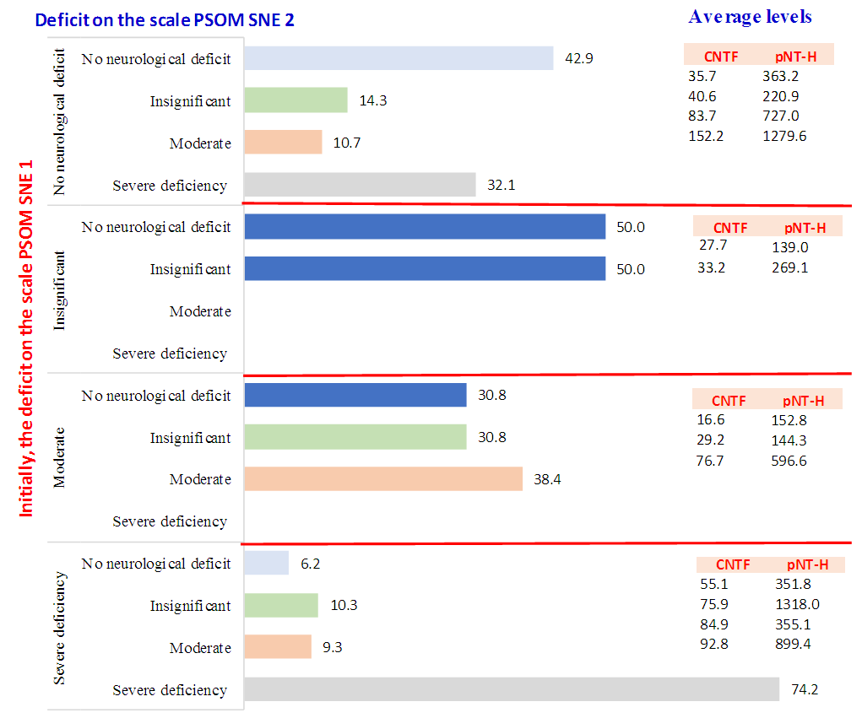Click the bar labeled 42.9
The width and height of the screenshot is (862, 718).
point(398,58)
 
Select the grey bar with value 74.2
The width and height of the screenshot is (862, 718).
point(512,689)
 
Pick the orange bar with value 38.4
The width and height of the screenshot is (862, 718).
point(383,479)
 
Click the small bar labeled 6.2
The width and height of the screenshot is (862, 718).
point(266,563)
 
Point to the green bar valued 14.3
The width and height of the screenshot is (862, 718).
point(295,100)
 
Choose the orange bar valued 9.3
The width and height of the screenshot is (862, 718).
point(278,647)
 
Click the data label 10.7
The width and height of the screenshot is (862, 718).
point(346,143)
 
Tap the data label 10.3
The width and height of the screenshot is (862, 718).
point(342,605)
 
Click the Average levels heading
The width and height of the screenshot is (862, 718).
point(750,17)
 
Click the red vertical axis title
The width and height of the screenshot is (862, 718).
point(27,337)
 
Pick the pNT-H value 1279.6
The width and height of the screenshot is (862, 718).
point(784,135)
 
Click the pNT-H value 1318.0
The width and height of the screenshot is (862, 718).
point(797,604)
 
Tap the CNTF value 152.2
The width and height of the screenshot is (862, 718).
point(705,135)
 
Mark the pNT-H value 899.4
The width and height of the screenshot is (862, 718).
point(794,645)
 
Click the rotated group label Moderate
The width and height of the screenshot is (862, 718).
point(59,459)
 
